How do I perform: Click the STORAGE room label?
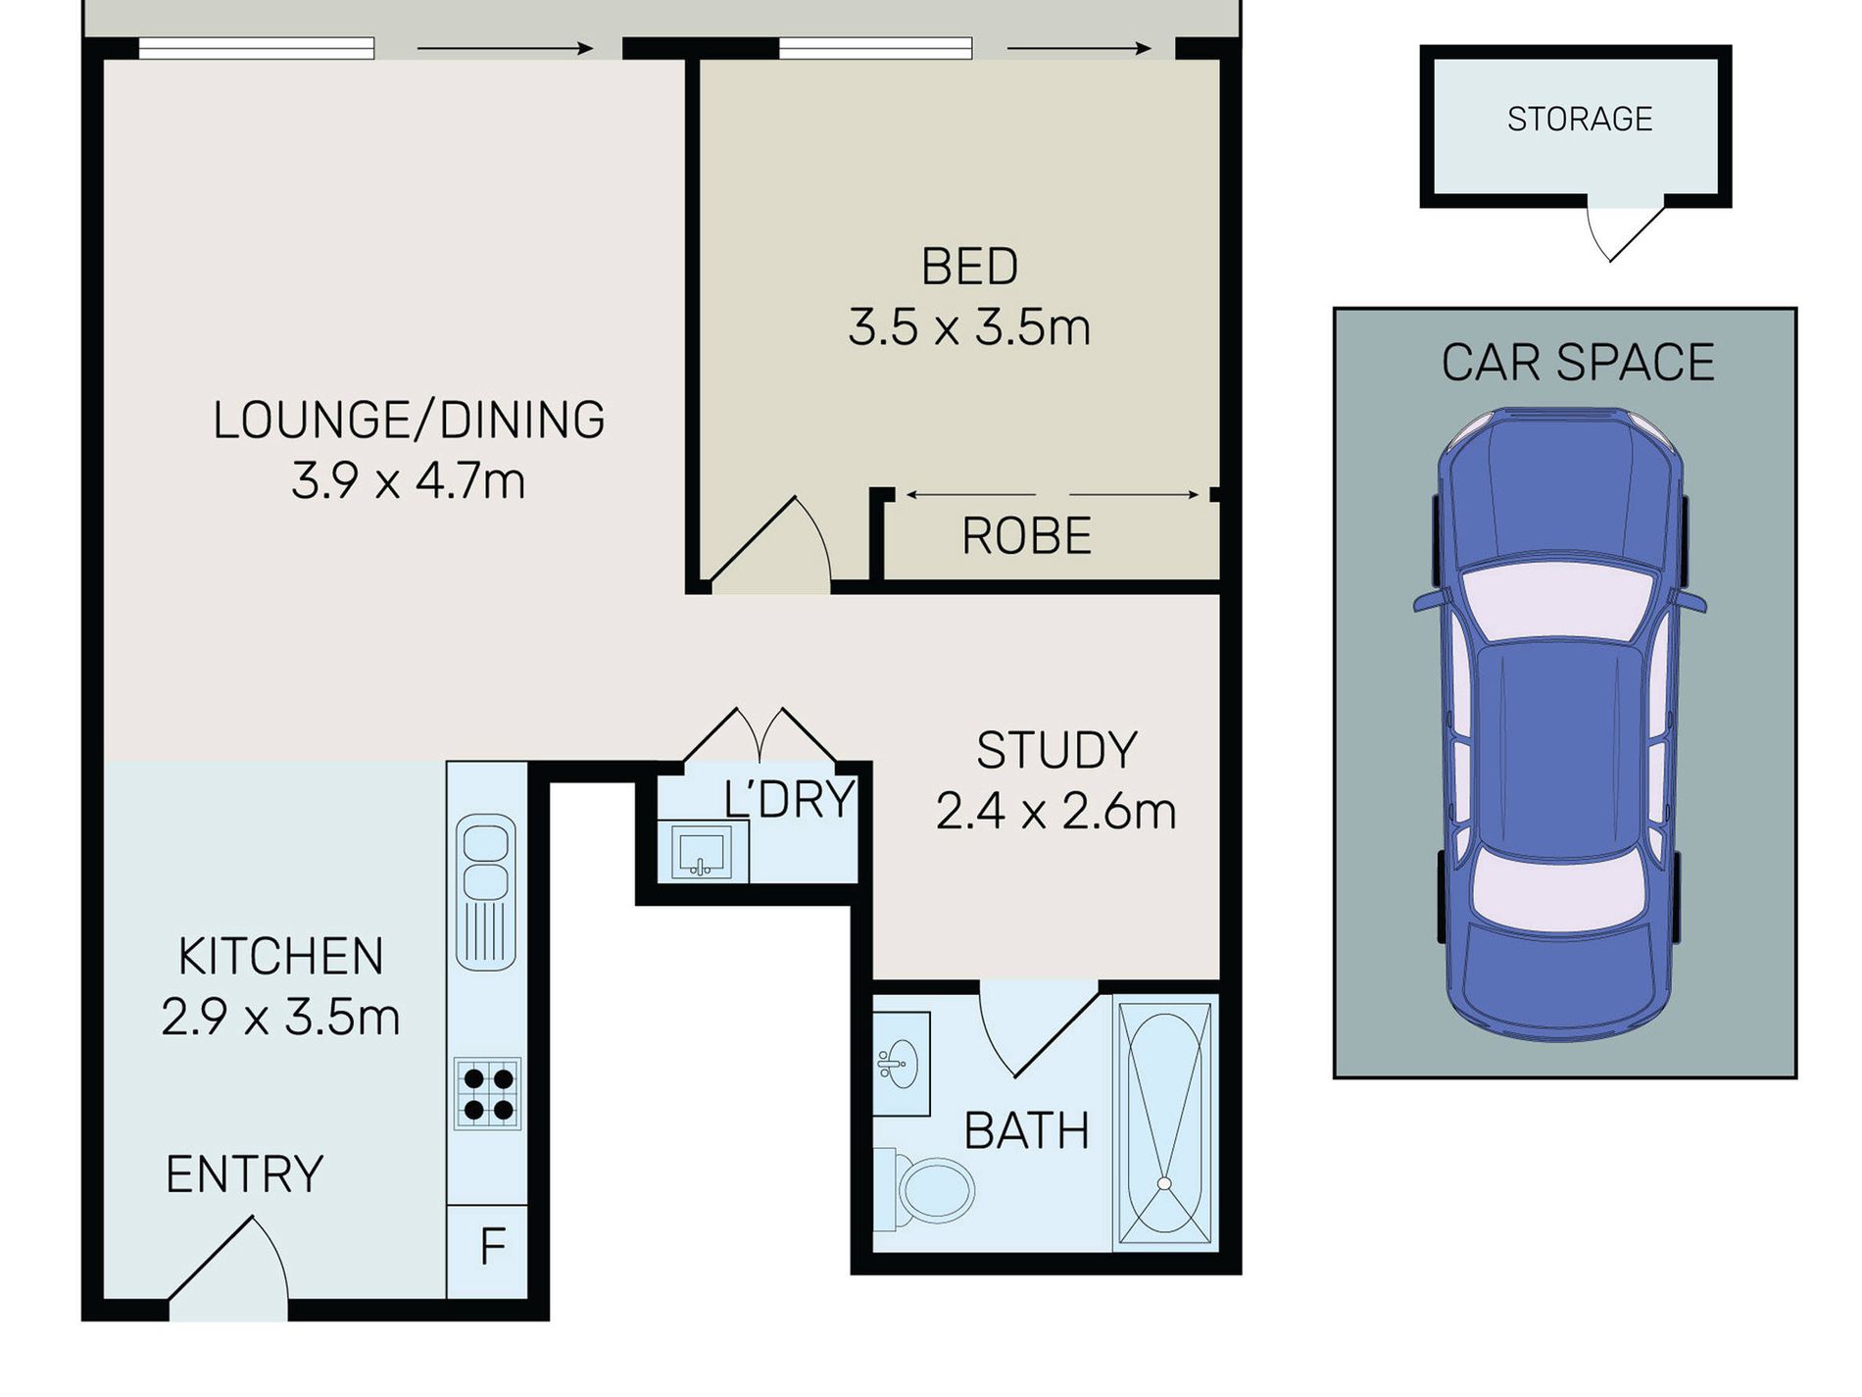(x=1580, y=119)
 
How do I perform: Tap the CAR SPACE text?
(x=1577, y=362)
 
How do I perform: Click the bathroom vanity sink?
(x=900, y=1063)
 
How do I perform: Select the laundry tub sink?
(x=700, y=850)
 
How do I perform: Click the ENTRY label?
(x=244, y=1173)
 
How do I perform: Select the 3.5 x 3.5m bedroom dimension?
(x=968, y=326)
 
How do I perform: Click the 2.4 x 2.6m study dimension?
(x=1055, y=812)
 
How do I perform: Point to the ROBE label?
(x=1026, y=536)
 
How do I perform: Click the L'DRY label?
(x=789, y=799)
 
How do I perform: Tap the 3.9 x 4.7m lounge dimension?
(x=408, y=480)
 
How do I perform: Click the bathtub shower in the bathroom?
(x=1165, y=1123)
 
